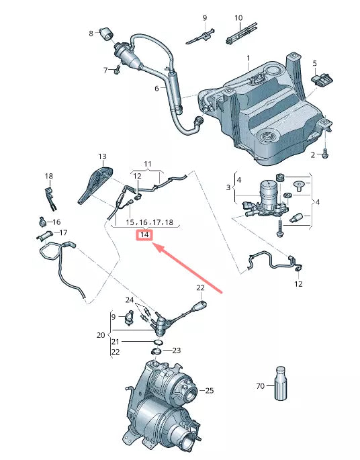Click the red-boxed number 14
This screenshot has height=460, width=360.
click(x=144, y=235)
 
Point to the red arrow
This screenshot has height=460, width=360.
click(x=189, y=267)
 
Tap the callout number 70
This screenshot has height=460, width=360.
click(x=260, y=386)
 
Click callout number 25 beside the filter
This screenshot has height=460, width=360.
click(x=209, y=390)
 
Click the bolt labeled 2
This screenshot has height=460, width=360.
click(x=326, y=154)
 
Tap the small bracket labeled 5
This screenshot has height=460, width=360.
click(x=323, y=79)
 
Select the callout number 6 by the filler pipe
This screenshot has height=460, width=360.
click(x=156, y=88)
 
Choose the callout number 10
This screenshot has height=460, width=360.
click(x=238, y=17)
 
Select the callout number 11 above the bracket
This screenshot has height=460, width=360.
click(x=148, y=164)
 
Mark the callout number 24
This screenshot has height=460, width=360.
click(x=130, y=299)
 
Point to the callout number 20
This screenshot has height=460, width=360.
click(x=101, y=334)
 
